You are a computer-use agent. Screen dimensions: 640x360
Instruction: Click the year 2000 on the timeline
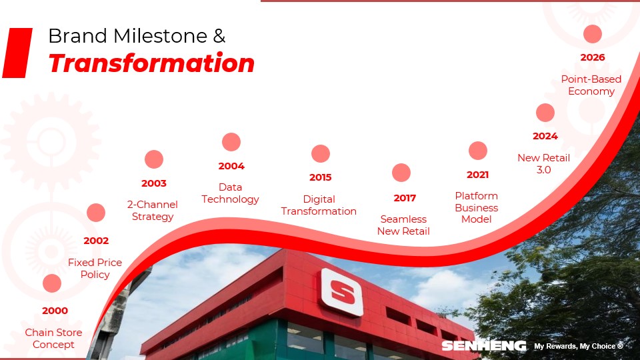pyautogui.click(x=55, y=311)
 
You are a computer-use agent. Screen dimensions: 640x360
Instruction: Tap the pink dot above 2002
pyautogui.click(x=96, y=213)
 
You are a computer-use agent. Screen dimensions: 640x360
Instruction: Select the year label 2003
pyautogui.click(x=154, y=183)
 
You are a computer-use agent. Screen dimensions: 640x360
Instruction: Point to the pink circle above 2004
pyautogui.click(x=231, y=142)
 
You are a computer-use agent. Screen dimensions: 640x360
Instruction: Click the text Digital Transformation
pyautogui.click(x=319, y=205)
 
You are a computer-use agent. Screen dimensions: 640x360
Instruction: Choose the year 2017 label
pyautogui.click(x=405, y=198)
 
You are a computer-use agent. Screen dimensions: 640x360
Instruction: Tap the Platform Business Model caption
pyautogui.click(x=476, y=207)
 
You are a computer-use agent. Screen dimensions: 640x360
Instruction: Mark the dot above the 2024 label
pyautogui.click(x=545, y=113)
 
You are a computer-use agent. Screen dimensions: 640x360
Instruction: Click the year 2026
pyautogui.click(x=593, y=57)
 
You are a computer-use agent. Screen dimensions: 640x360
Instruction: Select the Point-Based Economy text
pyautogui.click(x=591, y=85)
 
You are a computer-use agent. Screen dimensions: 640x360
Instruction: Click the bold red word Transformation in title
pyautogui.click(x=151, y=63)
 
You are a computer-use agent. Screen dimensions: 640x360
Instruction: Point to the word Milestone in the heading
pyautogui.click(x=160, y=36)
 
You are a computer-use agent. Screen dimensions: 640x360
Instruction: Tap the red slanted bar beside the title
pyautogui.click(x=17, y=53)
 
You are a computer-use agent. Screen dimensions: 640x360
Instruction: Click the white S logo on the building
pyautogui.click(x=342, y=292)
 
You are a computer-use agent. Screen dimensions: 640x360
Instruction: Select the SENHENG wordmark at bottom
pyautogui.click(x=484, y=346)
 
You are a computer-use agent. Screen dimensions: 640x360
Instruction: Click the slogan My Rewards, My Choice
pyautogui.click(x=579, y=346)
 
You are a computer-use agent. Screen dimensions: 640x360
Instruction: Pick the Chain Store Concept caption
pyautogui.click(x=53, y=339)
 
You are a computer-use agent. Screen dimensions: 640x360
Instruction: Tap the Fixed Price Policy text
pyautogui.click(x=95, y=268)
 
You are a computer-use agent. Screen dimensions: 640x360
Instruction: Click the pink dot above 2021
pyautogui.click(x=477, y=151)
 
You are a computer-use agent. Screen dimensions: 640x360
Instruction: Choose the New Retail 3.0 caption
pyautogui.click(x=544, y=164)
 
